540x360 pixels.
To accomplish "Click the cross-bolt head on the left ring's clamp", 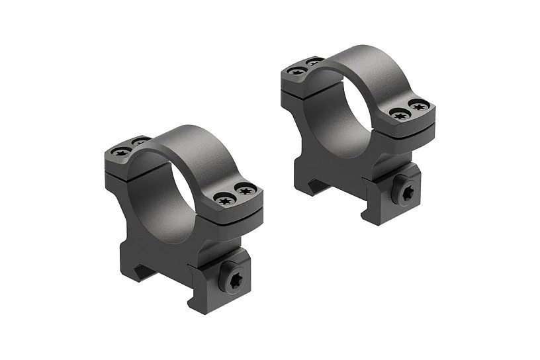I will point(233,283).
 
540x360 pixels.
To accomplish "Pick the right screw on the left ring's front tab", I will point(246,191).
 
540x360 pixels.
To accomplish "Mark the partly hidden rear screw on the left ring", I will point(139,141).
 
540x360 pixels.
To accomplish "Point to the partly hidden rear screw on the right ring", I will point(313,61).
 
